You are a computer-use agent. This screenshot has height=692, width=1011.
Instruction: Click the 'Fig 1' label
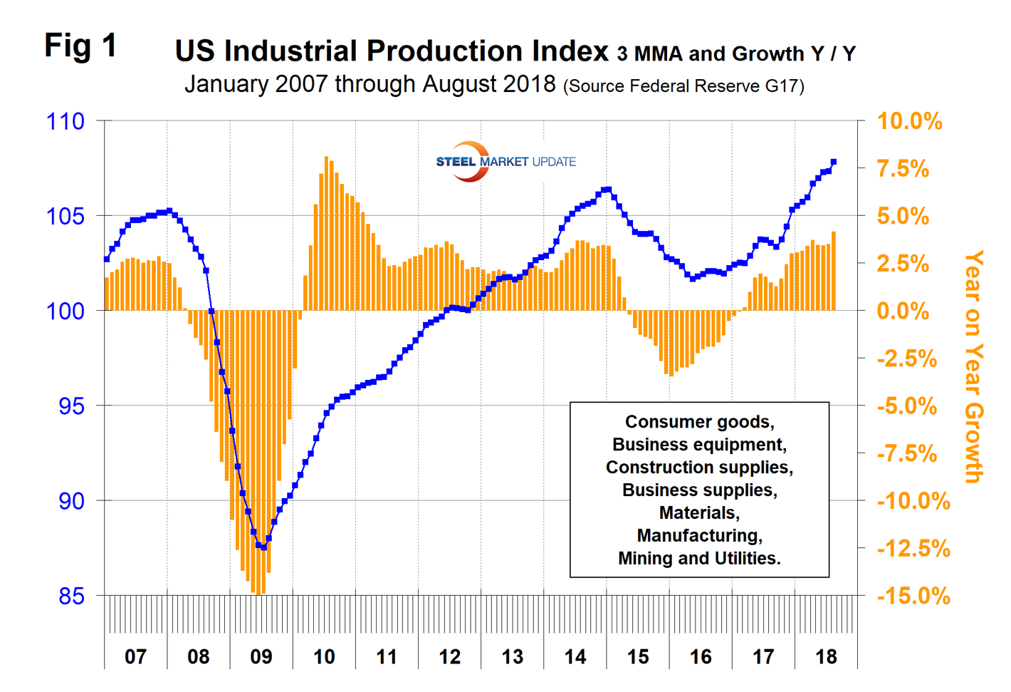(80, 46)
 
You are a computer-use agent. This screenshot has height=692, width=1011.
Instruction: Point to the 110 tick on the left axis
(66, 121)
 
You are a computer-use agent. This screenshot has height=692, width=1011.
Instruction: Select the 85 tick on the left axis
(71, 596)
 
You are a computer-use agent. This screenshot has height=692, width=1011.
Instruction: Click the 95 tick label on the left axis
(71, 406)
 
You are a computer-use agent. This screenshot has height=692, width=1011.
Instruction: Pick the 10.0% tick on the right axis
(909, 121)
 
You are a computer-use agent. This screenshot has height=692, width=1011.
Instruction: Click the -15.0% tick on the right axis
(913, 596)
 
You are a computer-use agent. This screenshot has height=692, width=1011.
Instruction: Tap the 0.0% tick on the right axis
(903, 311)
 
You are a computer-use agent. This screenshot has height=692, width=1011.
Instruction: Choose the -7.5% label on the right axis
(907, 454)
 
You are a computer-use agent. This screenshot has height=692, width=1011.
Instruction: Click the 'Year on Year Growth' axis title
(973, 366)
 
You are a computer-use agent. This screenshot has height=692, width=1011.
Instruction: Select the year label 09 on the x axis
(261, 656)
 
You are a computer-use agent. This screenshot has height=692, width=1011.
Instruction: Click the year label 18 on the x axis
(826, 656)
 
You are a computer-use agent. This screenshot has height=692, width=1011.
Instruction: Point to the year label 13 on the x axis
(513, 656)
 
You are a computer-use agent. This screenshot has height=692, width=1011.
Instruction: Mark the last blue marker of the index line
(834, 162)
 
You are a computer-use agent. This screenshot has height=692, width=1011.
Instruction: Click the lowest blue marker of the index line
(263, 547)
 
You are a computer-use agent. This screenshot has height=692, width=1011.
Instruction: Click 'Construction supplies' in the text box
(698, 468)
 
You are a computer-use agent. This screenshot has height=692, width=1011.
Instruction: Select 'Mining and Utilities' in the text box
(698, 559)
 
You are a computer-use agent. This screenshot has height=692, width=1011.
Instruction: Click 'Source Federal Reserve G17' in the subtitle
(683, 87)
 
